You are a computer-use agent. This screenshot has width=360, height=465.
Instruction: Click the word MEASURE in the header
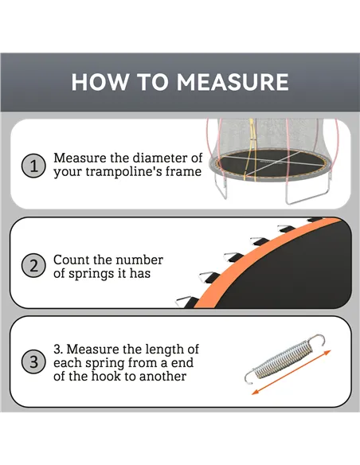point(233,82)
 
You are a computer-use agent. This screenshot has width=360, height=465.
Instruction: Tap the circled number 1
point(33,166)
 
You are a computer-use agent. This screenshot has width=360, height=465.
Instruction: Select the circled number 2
point(33,266)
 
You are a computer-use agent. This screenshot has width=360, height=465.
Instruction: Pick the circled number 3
point(33,363)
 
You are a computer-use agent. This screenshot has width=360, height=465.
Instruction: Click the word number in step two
point(139,260)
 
